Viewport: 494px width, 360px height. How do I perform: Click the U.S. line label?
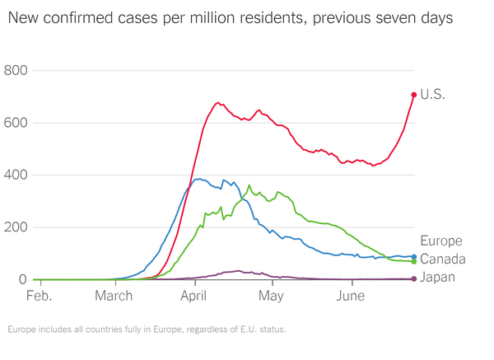(432, 95)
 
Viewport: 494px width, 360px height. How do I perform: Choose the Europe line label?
(441, 241)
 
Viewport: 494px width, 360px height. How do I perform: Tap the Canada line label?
(444, 259)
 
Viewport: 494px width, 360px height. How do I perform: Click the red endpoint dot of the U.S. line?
(414, 95)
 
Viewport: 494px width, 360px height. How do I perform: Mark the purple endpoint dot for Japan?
(414, 278)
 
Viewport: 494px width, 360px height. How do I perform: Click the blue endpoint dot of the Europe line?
(414, 256)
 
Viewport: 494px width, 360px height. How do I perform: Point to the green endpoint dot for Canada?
(414, 262)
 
